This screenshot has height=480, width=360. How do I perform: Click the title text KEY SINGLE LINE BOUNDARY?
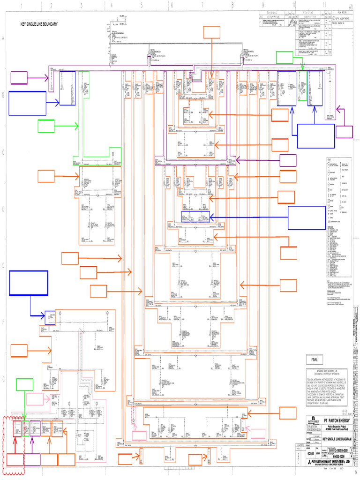[38, 24]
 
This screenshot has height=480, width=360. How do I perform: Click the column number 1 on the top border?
[21, 5]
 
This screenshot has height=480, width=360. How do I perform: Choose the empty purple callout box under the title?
[19, 78]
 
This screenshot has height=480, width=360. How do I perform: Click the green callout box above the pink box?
[24, 384]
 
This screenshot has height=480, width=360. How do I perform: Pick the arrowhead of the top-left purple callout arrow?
[47, 78]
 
